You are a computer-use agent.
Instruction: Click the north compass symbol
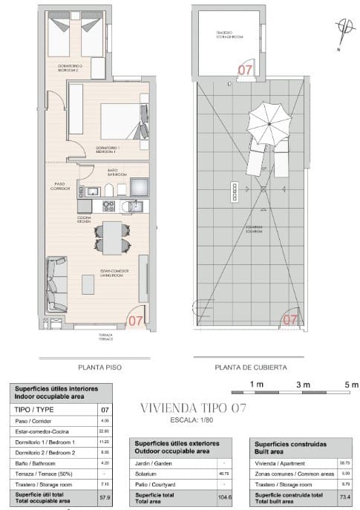[341, 27]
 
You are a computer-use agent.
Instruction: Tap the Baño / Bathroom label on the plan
[113, 172]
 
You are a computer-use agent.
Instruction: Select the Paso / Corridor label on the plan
[60, 187]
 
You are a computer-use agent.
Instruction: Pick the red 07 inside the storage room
[243, 69]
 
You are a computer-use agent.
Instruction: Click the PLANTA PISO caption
[99, 367]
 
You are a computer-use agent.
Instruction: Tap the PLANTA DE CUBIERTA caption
[250, 367]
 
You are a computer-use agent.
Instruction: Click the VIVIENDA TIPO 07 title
[193, 407]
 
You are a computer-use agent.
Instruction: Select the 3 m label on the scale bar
[303, 384]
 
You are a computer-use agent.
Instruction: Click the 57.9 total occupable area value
[103, 497]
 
